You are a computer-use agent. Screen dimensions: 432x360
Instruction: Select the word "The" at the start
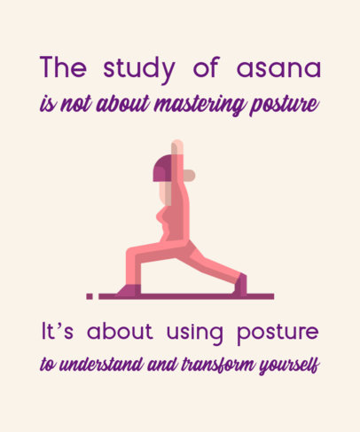[64, 68]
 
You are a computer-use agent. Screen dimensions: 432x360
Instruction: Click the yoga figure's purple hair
[163, 167]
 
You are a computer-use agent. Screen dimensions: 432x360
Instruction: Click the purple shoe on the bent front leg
[129, 289]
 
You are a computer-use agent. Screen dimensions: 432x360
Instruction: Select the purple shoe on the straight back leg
[239, 285]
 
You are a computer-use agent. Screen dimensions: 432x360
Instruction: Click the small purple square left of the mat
[89, 295]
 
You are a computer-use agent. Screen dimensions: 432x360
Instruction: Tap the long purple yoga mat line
[186, 295]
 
